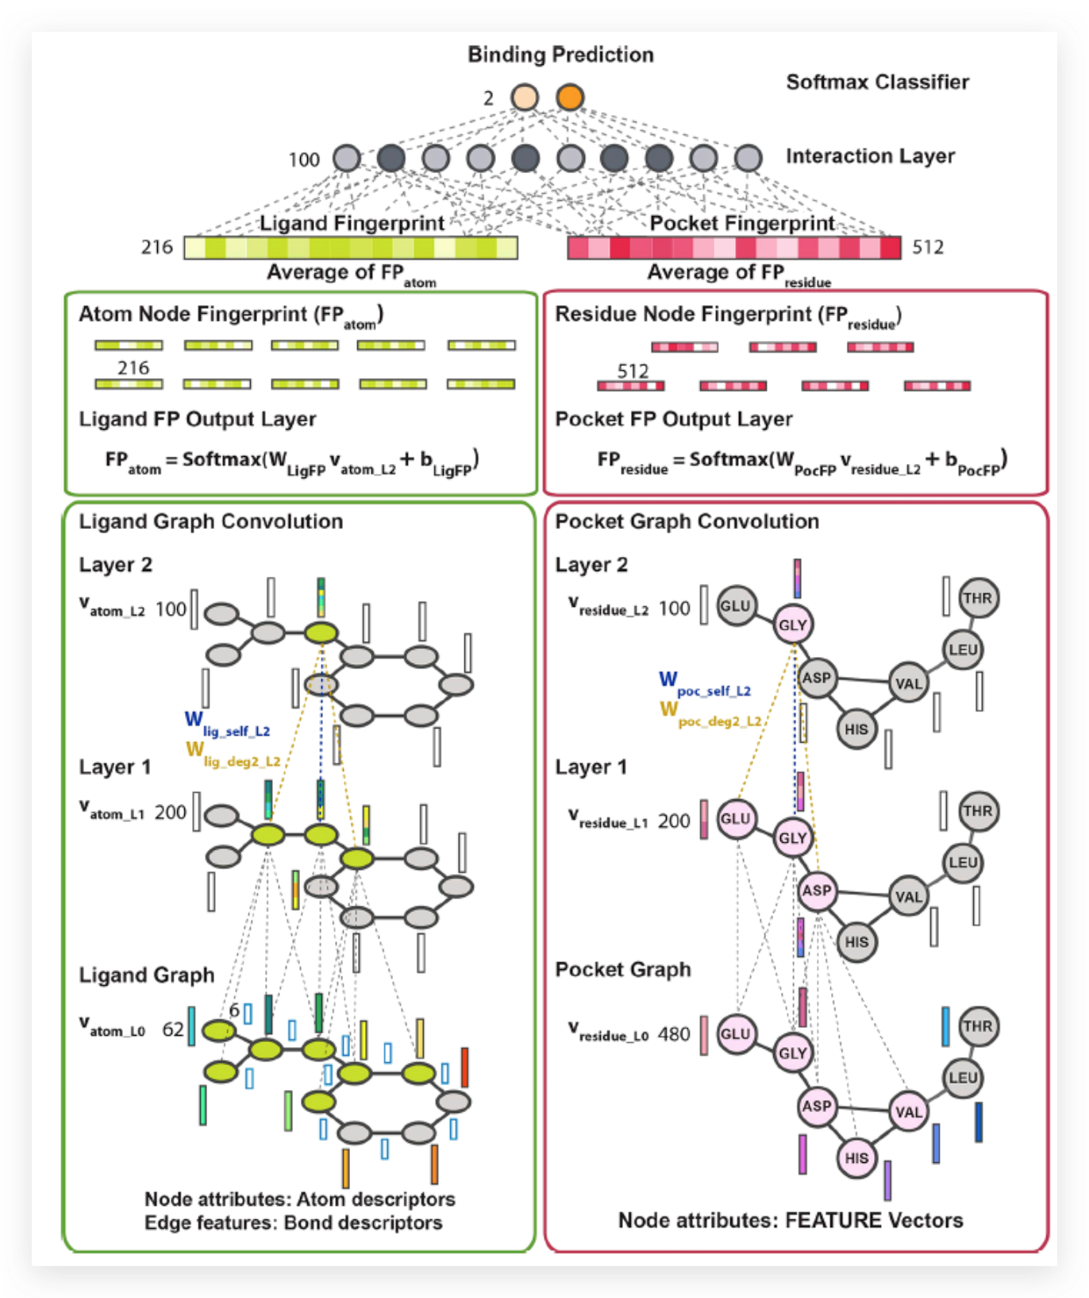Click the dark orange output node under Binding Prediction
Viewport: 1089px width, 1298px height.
click(x=569, y=97)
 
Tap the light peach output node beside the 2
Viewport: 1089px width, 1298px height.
click(x=524, y=97)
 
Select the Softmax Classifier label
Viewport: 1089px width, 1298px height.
click(x=877, y=82)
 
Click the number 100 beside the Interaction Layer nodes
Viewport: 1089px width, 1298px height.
click(x=303, y=160)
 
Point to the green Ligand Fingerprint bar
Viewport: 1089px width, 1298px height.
click(x=351, y=248)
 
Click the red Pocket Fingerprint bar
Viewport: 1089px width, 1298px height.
click(x=733, y=248)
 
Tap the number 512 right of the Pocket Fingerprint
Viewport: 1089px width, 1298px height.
click(x=927, y=247)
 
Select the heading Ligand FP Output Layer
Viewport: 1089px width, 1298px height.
click(x=197, y=419)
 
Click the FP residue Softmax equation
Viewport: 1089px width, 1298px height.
click(x=802, y=460)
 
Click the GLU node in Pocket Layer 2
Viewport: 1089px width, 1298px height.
click(x=735, y=606)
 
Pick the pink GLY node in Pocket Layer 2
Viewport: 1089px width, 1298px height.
click(x=792, y=624)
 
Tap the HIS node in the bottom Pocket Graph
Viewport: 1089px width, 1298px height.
click(x=856, y=1157)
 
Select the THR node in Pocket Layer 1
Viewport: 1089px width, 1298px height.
click(x=977, y=811)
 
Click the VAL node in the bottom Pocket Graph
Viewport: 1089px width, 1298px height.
click(x=908, y=1111)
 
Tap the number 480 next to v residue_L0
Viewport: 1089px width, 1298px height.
click(x=673, y=1033)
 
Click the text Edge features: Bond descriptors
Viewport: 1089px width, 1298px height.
click(x=293, y=1223)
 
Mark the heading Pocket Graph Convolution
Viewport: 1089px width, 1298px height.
click(x=687, y=521)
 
